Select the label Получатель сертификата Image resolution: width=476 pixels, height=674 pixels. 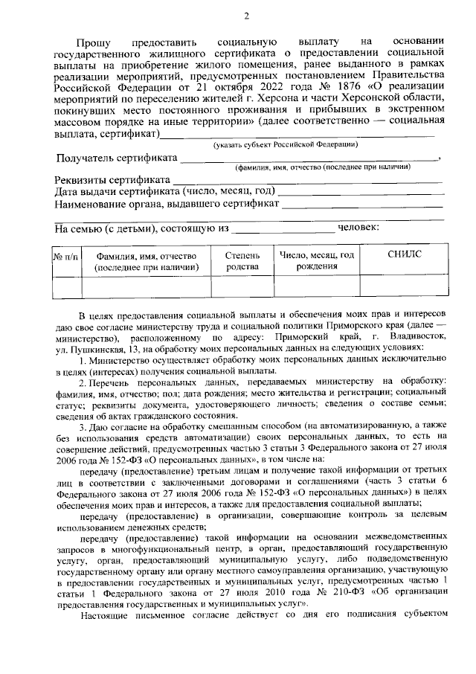click(x=118, y=158)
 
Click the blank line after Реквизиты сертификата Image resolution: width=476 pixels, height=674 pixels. click(x=308, y=181)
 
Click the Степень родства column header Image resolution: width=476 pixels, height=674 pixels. click(x=242, y=260)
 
